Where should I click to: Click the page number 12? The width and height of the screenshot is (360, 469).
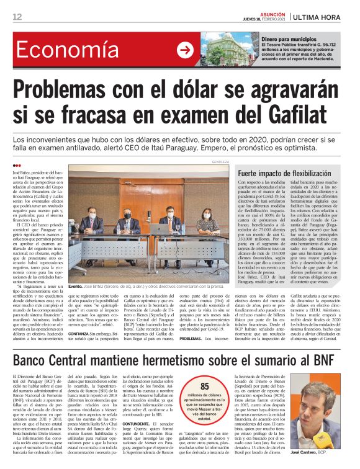click(x=17, y=17)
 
